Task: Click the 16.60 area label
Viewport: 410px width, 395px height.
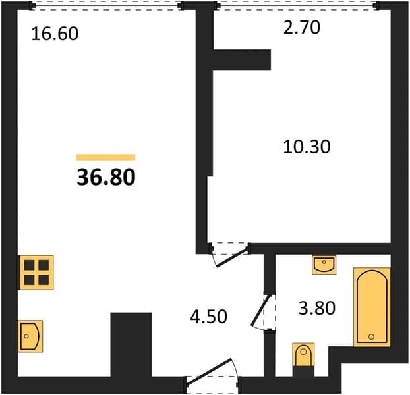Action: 55,34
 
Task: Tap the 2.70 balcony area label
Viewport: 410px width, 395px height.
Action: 302,28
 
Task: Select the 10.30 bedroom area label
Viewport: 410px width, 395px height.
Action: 307,146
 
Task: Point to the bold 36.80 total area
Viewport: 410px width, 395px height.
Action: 106,177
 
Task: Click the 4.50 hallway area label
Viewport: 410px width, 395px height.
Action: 209,317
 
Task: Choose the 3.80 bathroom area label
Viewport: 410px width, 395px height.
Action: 317,308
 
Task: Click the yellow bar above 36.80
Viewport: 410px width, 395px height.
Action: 106,157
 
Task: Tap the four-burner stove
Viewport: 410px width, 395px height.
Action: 37,273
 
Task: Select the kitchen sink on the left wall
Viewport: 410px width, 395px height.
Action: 30,336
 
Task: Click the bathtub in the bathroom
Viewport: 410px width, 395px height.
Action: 372,307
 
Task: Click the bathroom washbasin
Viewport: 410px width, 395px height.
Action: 324,265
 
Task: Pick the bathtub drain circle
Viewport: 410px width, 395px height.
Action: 371,337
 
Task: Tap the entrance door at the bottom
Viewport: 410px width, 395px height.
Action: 209,371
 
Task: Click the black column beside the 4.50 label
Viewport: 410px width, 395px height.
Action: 131,344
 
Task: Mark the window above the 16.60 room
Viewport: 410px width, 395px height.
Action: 106,5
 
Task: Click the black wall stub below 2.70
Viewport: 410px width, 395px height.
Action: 242,60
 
